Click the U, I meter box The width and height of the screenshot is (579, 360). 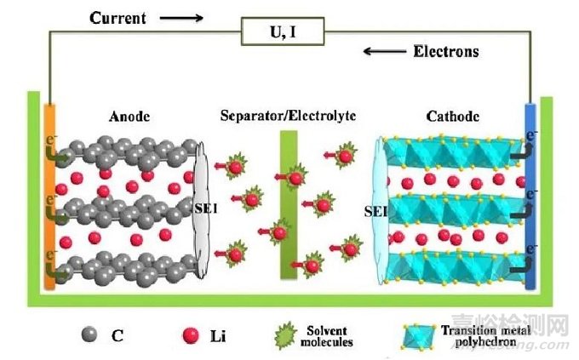click(286, 33)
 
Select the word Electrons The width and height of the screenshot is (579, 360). click(446, 51)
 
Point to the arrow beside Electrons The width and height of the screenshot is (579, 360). click(384, 51)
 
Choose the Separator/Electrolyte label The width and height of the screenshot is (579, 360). click(287, 116)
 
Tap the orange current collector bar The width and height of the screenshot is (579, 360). click(49, 196)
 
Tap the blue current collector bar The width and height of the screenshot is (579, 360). click(531, 196)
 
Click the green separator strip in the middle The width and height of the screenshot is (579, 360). click(287, 204)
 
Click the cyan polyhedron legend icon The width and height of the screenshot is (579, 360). click(416, 335)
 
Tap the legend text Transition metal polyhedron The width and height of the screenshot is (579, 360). click(486, 332)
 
